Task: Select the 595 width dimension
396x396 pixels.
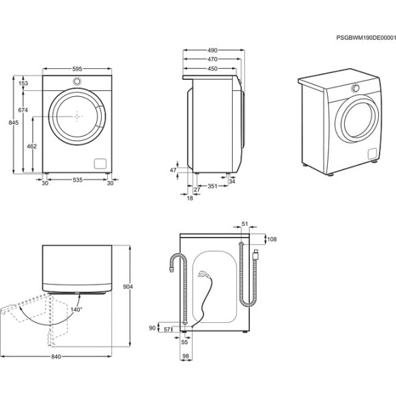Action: click(77, 69)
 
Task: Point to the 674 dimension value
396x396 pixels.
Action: click(23, 110)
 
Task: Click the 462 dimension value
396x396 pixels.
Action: click(31, 145)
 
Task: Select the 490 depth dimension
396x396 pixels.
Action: click(213, 50)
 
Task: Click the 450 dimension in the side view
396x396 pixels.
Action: click(213, 68)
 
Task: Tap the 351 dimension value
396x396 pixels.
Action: click(212, 185)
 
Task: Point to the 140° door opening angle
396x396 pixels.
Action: click(75, 309)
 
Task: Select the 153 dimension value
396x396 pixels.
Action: click(23, 83)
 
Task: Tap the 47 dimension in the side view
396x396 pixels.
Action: click(173, 170)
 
